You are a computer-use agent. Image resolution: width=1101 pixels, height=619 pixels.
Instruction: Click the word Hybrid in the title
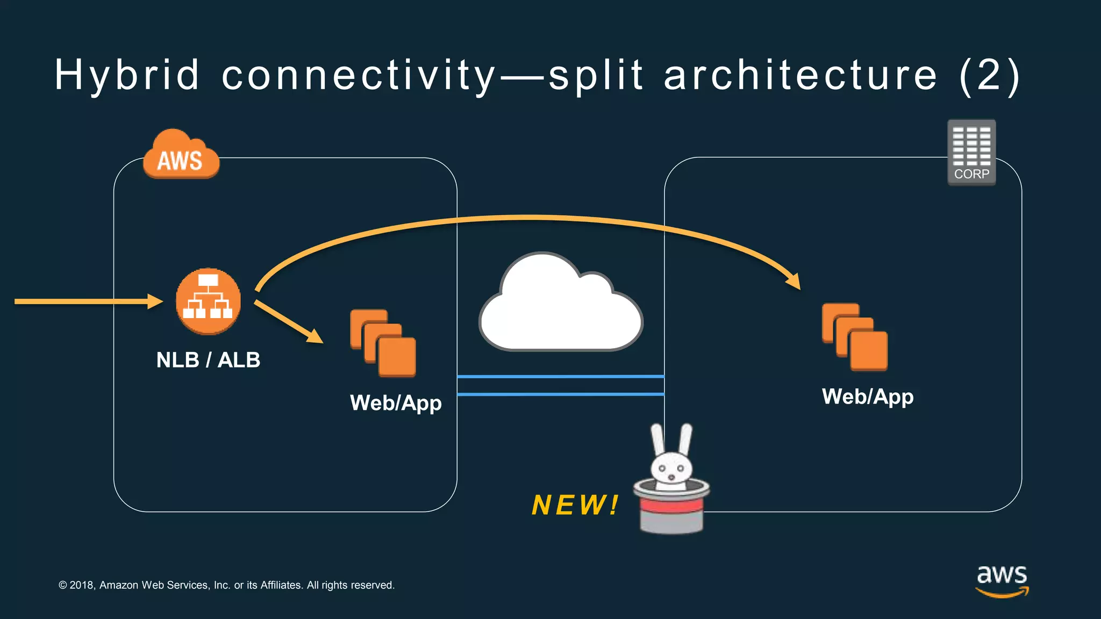click(127, 75)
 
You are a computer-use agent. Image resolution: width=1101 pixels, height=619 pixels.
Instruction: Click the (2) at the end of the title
click(989, 75)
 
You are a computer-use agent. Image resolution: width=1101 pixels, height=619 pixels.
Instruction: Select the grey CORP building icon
click(971, 152)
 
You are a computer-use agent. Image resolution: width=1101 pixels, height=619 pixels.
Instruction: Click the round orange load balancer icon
click(208, 301)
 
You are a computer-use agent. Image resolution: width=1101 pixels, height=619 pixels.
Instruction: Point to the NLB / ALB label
click(208, 360)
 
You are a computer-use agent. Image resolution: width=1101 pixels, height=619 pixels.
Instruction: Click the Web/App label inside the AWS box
click(396, 403)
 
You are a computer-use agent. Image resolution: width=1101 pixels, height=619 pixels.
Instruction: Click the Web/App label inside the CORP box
click(867, 397)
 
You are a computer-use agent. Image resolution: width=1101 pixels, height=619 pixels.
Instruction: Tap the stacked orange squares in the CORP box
click(855, 337)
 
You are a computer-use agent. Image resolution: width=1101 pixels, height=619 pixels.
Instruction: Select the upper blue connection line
click(560, 377)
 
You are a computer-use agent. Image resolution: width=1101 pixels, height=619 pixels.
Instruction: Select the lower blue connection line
click(560, 394)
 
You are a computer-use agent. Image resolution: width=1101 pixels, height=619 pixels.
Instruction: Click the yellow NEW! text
click(575, 505)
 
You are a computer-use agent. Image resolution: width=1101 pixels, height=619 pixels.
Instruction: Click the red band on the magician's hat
click(671, 506)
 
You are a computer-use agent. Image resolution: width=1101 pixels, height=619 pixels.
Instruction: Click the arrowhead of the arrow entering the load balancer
click(156, 301)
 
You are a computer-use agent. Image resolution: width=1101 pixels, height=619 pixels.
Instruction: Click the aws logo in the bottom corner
click(1002, 580)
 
